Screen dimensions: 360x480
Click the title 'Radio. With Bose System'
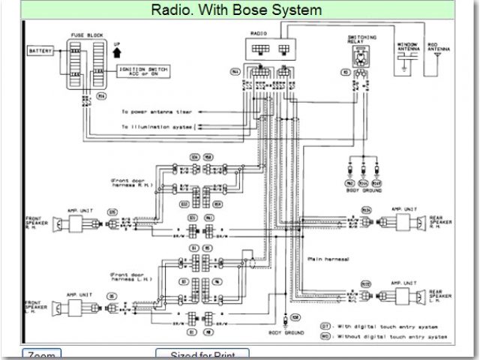click(x=236, y=10)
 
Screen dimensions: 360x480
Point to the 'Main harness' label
click(x=328, y=259)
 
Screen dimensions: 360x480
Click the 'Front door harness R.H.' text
click(x=131, y=181)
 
